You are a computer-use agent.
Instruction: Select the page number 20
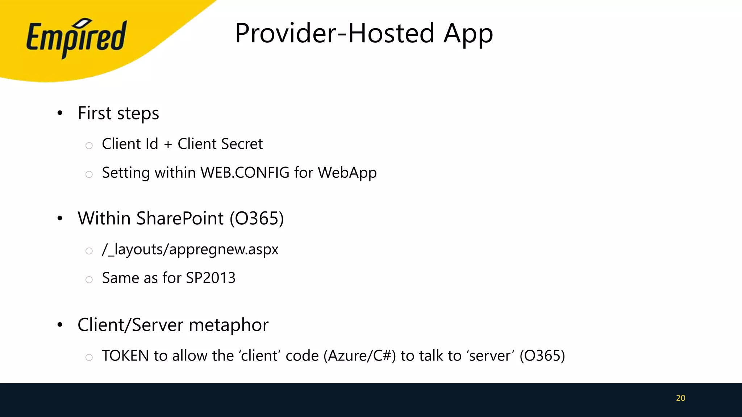680,398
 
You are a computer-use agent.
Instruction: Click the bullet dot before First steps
60,113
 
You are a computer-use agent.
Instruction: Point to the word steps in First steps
138,114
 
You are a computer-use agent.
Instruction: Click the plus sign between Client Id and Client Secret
168,144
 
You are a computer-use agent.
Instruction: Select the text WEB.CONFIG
245,173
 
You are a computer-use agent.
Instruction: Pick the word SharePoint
180,218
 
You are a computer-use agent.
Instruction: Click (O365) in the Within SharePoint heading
257,219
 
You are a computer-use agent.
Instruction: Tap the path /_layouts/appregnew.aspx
190,249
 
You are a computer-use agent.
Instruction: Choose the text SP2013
210,278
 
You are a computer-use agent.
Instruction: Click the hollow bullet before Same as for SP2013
89,279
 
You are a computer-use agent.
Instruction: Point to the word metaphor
229,325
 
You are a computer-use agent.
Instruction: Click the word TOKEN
125,356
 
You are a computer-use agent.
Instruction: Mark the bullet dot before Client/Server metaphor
60,325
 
